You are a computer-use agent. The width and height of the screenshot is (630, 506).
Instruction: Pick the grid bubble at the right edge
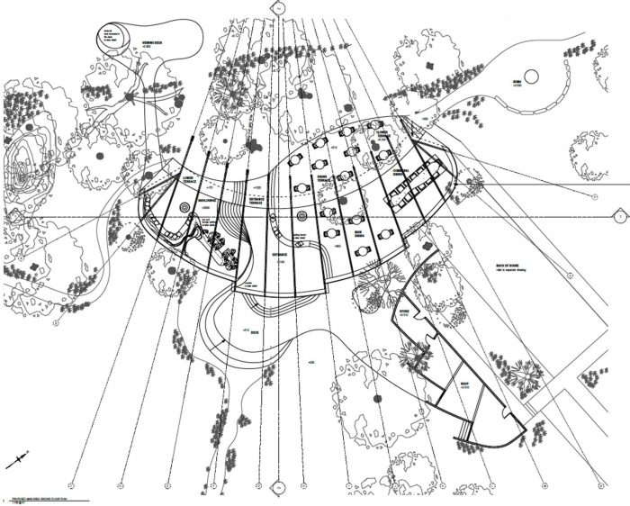(x=619, y=217)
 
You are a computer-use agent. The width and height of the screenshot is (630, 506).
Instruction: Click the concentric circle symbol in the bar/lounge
(x=184, y=207)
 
